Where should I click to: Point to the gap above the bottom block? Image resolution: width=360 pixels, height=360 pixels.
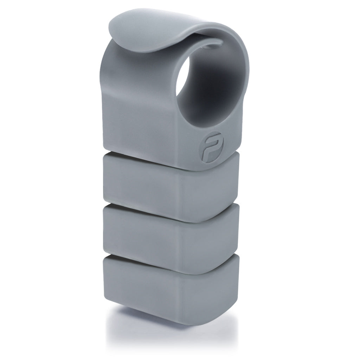pos(148,256)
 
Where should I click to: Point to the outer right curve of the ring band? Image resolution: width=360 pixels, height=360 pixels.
pos(246,70)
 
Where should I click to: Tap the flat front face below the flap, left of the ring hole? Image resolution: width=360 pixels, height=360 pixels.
pos(141,105)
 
